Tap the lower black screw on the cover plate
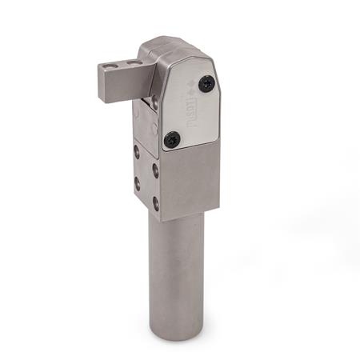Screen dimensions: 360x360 170,139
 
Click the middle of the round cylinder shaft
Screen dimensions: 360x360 176,272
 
